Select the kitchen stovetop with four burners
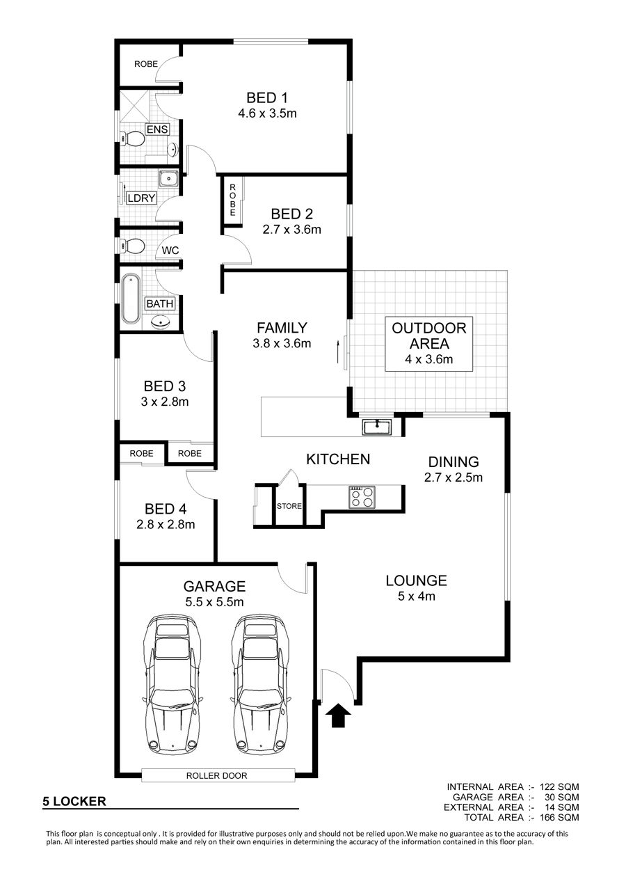click(362, 497)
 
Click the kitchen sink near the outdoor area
click(376, 427)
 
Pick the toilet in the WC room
click(131, 246)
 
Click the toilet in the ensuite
click(132, 139)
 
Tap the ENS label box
click(157, 129)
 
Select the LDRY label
click(141, 198)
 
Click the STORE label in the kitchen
click(289, 506)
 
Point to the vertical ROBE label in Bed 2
click(232, 200)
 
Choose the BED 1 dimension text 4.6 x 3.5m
click(267, 113)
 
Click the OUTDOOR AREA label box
click(428, 344)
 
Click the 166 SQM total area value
click(559, 817)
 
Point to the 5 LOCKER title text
click(74, 801)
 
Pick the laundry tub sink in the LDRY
click(169, 179)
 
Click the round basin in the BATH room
click(161, 322)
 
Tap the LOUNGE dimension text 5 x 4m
click(416, 596)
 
